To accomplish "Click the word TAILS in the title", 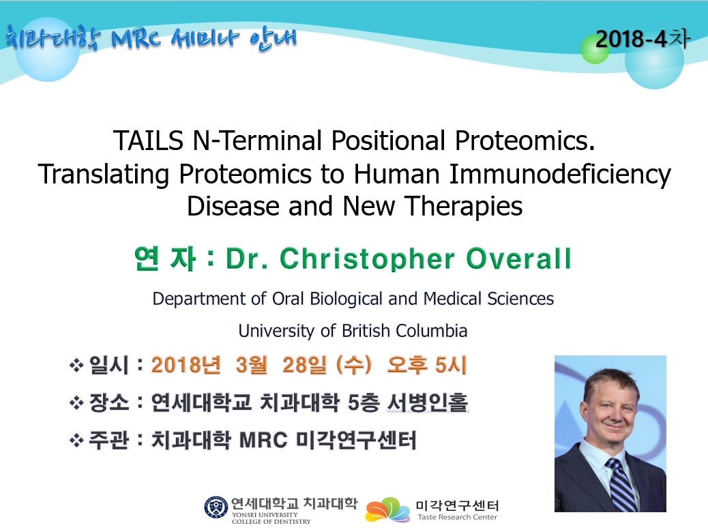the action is (149, 141).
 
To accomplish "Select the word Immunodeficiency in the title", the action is (560, 174).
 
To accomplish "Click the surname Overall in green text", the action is (519, 258).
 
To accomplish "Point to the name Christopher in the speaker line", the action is (367, 258).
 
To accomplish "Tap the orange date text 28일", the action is (304, 366).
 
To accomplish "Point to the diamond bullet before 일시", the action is (76, 365).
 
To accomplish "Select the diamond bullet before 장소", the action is (76, 402).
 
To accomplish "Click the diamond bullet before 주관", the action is (76, 440).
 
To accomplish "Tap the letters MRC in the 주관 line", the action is (263, 441).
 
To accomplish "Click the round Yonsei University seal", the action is (216, 507).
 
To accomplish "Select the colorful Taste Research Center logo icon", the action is (388, 510).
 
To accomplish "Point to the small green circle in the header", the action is (594, 49).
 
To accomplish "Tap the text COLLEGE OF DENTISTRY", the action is (271, 522).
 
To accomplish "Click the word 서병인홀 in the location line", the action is (428, 402).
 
